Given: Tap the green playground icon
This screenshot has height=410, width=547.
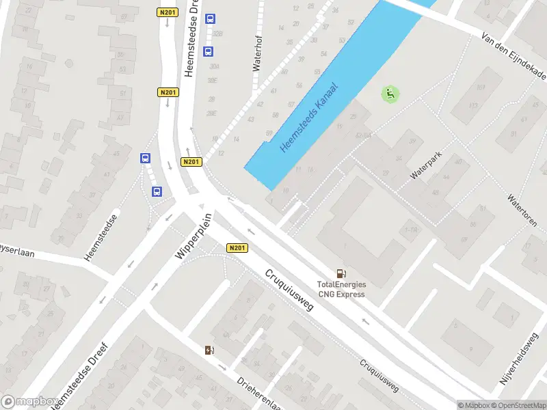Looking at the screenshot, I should pos(390,94).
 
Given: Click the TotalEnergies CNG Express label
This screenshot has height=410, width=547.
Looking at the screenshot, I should pos(341,289).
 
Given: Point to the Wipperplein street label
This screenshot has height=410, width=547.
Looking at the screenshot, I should pos(194,236).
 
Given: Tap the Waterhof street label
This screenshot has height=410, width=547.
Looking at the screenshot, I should pos(258,53).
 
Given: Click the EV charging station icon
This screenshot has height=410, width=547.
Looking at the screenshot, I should pos(209,351).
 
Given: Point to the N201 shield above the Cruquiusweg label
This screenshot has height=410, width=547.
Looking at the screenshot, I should pos(237,248).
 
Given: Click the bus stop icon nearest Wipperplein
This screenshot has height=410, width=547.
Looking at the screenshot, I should pos(157,191).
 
